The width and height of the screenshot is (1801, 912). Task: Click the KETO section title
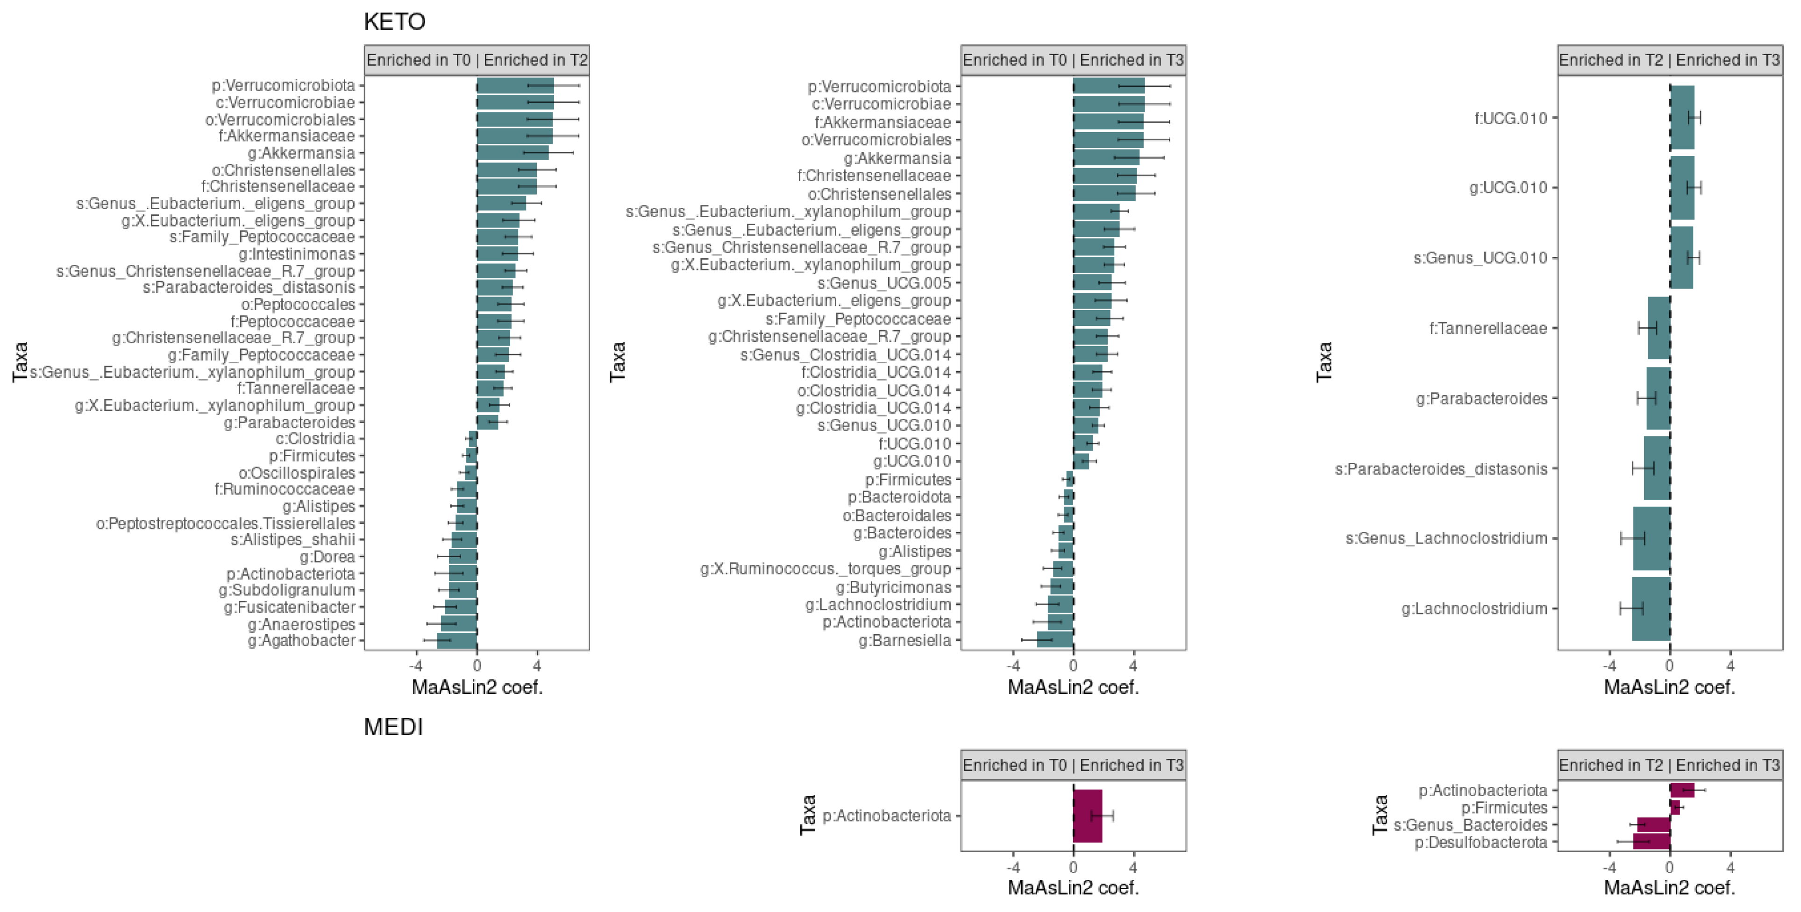coord(394,21)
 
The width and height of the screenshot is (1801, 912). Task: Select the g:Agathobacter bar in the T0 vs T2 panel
coord(457,641)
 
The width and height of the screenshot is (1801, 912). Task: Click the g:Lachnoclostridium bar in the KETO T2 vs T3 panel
coord(1651,608)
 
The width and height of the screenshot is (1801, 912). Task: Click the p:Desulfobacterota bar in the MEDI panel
coord(1652,842)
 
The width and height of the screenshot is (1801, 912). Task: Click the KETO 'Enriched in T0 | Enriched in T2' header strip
coord(477,60)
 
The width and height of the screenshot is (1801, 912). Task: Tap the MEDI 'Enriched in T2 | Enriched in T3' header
coord(1670,765)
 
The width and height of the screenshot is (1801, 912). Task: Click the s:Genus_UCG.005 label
coord(884,283)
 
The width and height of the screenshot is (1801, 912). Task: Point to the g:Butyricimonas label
coord(894,587)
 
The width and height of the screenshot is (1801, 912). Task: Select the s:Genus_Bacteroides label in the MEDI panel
coord(1470,825)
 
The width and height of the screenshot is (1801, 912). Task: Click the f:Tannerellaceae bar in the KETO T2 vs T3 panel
coord(1659,328)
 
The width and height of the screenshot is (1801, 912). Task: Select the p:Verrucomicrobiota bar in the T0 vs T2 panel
coord(515,85)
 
